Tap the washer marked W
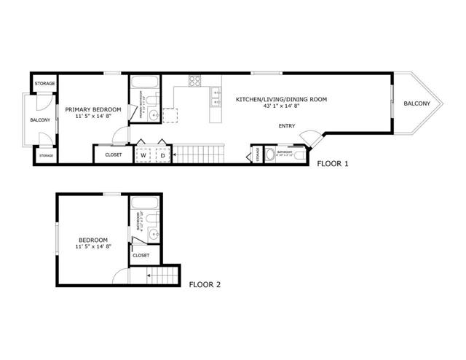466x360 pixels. pos(143,154)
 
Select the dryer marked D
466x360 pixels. pos(162,154)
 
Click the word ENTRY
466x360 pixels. pos(287,126)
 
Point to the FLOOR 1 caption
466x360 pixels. pos(333,164)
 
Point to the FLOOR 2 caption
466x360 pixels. pos(205,284)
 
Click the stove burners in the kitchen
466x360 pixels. pos(195,80)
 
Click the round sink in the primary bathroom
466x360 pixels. pos(153,114)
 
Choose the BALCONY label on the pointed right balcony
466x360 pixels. pos(417,103)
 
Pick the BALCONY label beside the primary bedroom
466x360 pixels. pos(40,120)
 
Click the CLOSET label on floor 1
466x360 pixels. pos(114,154)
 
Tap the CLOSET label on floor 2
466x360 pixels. pos(141,255)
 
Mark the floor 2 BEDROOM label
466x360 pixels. pos(93,240)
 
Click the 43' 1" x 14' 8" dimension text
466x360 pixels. pos(280,106)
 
